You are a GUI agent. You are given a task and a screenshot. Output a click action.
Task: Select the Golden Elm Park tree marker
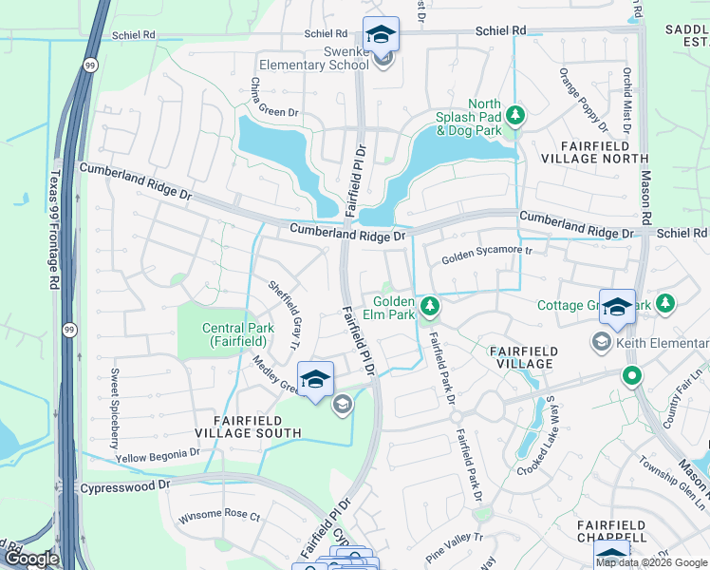point(430,305)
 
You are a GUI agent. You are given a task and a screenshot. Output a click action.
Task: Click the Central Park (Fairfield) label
point(238,335)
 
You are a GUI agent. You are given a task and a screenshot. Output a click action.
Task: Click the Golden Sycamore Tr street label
point(488,256)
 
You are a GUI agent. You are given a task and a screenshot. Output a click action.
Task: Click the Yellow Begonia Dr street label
point(158,456)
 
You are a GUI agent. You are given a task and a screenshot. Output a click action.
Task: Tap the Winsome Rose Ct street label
point(219,520)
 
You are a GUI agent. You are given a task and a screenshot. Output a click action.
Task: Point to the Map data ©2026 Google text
point(651,562)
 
